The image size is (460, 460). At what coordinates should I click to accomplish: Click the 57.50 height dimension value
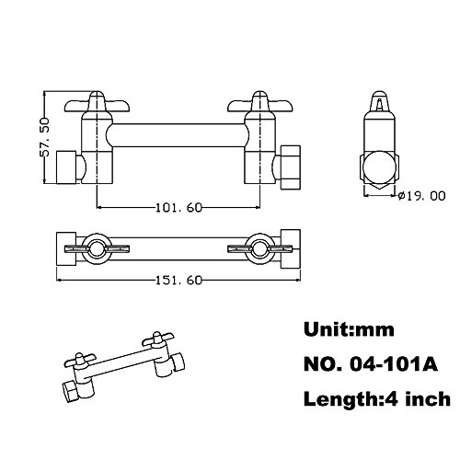44,137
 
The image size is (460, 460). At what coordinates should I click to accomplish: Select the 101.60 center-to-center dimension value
179,208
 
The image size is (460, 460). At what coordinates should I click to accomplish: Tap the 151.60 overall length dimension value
179,280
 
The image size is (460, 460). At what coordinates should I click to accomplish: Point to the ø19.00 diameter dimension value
421,196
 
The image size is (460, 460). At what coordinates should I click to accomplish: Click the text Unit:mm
349,329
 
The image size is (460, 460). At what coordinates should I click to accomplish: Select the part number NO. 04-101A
371,364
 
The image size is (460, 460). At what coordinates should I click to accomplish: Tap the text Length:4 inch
377,399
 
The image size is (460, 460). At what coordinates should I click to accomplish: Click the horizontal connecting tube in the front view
178,135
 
